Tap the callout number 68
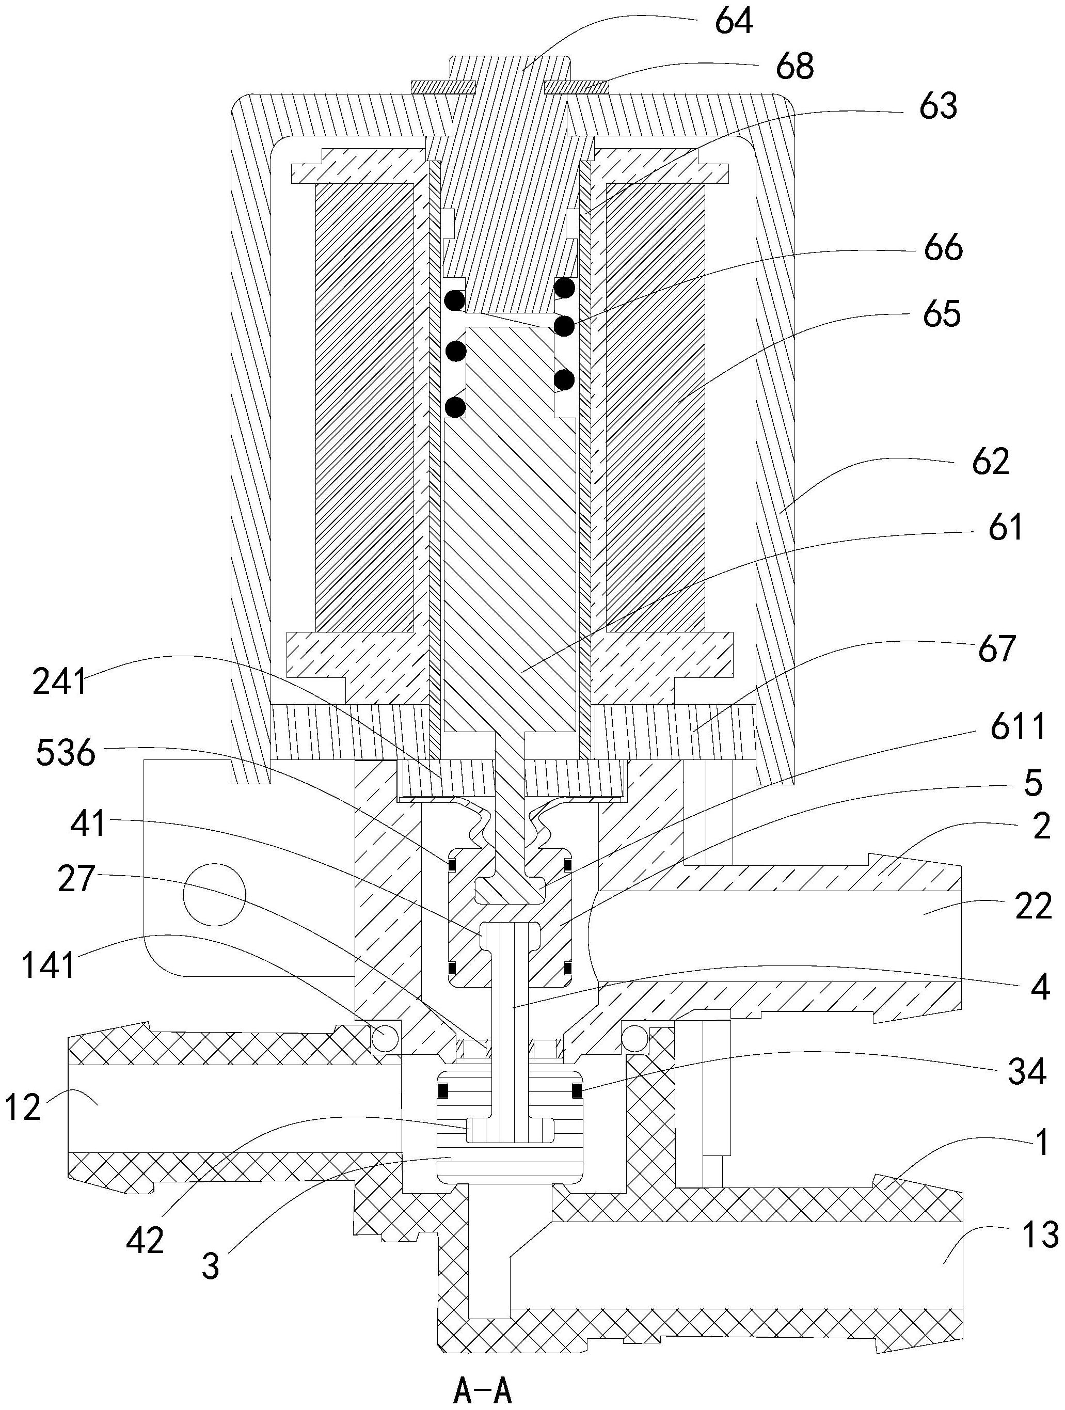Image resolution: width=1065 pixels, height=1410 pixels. pos(795,66)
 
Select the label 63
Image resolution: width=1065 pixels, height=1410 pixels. pos(938,106)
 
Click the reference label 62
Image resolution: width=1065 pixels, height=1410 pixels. pos(991,462)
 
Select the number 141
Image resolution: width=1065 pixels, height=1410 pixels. pos(49,964)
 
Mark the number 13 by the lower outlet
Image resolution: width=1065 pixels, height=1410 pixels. pos(1040,1234)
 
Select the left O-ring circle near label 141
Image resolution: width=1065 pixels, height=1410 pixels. pos(385,1038)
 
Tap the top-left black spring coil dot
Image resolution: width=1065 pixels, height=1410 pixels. pos(455,299)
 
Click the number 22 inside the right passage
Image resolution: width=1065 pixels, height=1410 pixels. pos(1032,906)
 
